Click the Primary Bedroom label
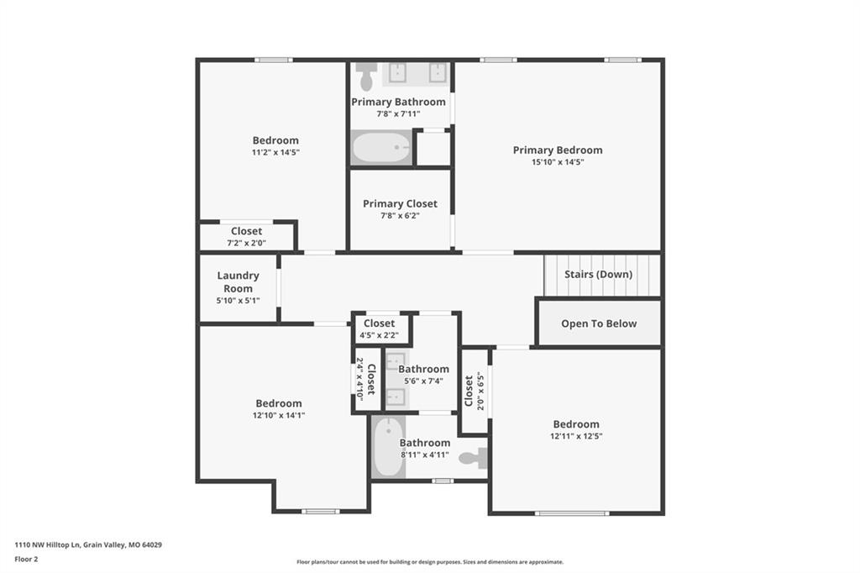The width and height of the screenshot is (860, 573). (x=558, y=150)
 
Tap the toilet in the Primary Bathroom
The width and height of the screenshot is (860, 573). (x=366, y=76)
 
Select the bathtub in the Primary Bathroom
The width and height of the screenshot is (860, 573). (x=381, y=148)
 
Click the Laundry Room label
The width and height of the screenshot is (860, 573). (x=238, y=281)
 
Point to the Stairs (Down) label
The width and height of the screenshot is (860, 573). (x=598, y=274)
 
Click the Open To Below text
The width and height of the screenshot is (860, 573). (x=599, y=323)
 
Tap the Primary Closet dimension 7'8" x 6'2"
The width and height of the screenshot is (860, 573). (x=400, y=216)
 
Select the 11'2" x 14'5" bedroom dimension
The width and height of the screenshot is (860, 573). (x=275, y=152)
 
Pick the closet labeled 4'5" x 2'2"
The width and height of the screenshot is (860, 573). (x=379, y=329)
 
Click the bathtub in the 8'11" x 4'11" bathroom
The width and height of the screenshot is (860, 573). (x=388, y=447)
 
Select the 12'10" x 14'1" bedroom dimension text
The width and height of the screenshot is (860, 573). (x=279, y=416)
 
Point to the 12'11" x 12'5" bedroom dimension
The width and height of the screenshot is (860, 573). (x=576, y=436)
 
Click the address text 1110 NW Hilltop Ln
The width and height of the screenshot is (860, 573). (x=48, y=545)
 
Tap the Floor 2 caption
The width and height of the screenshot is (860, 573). (x=26, y=560)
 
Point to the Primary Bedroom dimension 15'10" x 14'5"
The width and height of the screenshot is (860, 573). (x=558, y=162)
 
